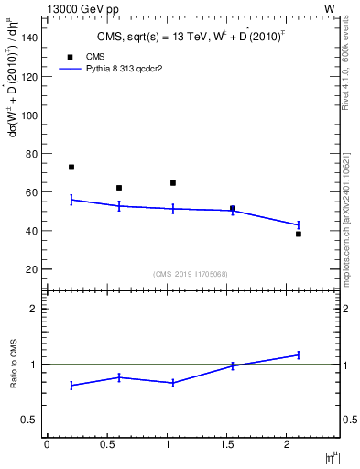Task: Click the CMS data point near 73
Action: pyautogui.click(x=71, y=167)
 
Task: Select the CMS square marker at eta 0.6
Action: pyautogui.click(x=119, y=188)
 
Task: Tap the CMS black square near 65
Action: pyautogui.click(x=173, y=183)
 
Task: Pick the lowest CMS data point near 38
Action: pyautogui.click(x=299, y=234)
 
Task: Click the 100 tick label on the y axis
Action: pyautogui.click(x=30, y=115)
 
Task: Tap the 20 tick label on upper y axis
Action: pyautogui.click(x=33, y=269)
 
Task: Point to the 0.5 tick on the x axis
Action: pyautogui.click(x=106, y=444)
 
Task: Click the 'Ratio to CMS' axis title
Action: pyautogui.click(x=14, y=365)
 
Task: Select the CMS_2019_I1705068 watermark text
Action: pyautogui.click(x=191, y=273)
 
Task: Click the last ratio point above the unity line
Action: pyautogui.click(x=299, y=354)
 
